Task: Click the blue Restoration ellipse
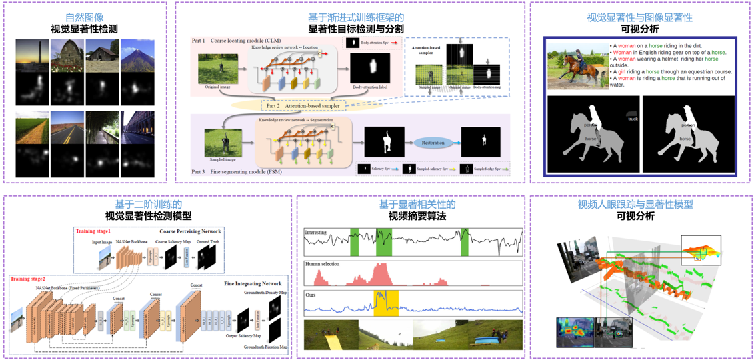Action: (433, 143)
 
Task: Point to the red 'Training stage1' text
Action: (95, 231)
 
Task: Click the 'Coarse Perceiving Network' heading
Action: (190, 231)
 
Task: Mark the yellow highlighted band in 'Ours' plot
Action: (385, 302)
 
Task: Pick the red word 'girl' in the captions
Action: (622, 71)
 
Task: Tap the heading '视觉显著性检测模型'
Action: (148, 216)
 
